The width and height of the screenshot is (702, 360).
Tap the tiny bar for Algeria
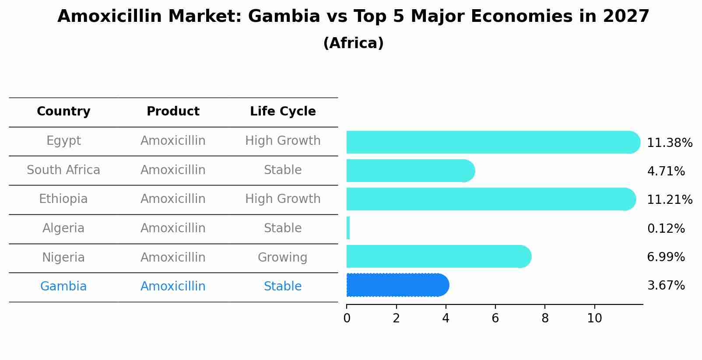(x=348, y=228)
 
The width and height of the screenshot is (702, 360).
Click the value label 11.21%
(x=669, y=200)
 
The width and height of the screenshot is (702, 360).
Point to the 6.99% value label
(x=666, y=257)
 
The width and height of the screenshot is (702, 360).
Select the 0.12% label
(x=666, y=229)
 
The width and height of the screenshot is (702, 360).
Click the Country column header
(x=63, y=112)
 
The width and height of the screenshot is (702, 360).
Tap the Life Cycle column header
(x=283, y=112)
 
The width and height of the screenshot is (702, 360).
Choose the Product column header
(x=173, y=112)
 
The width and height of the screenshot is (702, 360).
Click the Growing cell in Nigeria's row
(x=282, y=258)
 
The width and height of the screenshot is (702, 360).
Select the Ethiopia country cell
(x=63, y=199)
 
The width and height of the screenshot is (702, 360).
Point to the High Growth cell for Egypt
(x=283, y=141)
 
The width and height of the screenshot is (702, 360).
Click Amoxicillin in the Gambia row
(x=173, y=287)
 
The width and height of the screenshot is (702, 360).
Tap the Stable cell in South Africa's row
(x=283, y=170)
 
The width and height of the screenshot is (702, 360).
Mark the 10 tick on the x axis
(x=594, y=318)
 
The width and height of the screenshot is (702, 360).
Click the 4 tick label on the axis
(x=446, y=318)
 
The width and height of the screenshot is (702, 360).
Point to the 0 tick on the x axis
(x=347, y=318)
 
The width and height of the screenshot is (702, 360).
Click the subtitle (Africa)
(x=353, y=43)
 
